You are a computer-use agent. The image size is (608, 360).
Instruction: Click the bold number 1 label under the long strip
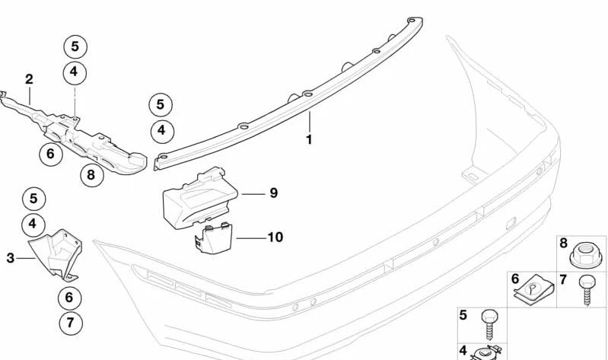coord(310,140)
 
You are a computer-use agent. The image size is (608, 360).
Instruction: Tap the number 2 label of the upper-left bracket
coord(29,79)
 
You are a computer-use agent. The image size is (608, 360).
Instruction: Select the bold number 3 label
coord(11,259)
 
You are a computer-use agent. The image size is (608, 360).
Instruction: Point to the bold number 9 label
coord(273,193)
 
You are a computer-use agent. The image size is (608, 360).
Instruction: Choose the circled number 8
coord(91,176)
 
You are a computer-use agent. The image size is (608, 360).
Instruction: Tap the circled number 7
coord(70,323)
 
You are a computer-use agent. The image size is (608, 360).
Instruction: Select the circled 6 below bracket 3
coord(69,298)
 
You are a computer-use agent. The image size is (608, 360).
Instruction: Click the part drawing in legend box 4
coord(484,352)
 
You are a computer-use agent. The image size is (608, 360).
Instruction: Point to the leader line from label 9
coord(253,193)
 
